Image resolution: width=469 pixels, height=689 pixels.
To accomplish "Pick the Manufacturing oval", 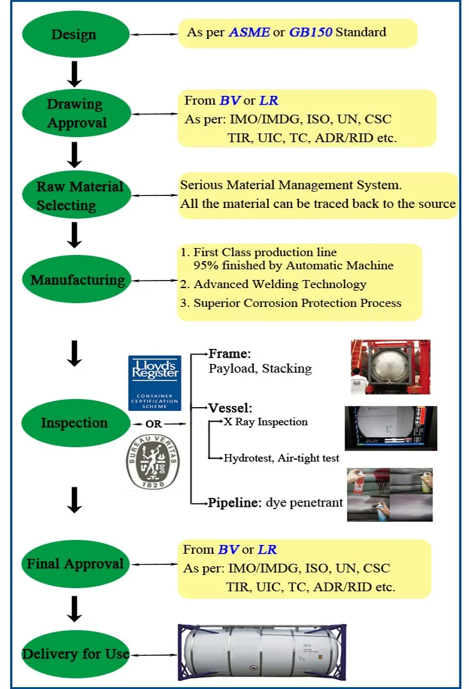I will tap(75, 280).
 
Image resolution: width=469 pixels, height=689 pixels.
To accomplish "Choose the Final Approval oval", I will tap(75, 564).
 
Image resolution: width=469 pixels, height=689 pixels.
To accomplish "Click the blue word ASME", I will tap(249, 32).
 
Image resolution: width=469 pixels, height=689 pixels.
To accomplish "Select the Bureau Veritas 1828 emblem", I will tap(153, 462).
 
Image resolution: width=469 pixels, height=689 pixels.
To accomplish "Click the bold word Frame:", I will tap(229, 353).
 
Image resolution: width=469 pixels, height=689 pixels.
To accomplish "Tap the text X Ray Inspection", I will tap(266, 422).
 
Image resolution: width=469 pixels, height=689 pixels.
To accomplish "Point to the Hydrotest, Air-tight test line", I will tap(281, 458).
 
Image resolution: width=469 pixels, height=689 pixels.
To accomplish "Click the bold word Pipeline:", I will tap(234, 502).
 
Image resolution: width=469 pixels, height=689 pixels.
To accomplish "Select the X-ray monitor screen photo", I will tap(390, 428).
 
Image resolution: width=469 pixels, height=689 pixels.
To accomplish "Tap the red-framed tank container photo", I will tap(390, 367).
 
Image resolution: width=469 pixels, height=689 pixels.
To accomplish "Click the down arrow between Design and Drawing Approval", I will tap(74, 73).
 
